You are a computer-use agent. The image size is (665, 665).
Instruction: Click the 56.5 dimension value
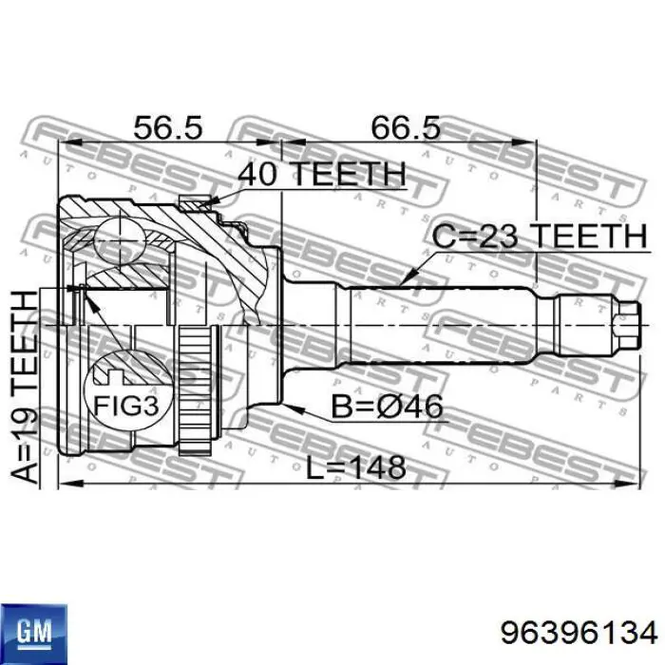pos(167,127)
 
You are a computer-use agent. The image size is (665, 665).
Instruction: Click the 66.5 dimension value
pos(406,127)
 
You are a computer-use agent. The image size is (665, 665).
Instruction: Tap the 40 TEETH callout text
pos(321,174)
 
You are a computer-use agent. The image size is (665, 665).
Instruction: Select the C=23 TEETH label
pos(540,236)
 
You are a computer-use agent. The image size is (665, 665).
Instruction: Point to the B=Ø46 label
pos(387,406)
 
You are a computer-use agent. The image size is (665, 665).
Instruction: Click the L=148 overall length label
pos(356,467)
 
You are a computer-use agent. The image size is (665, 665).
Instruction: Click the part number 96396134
pos(579,634)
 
